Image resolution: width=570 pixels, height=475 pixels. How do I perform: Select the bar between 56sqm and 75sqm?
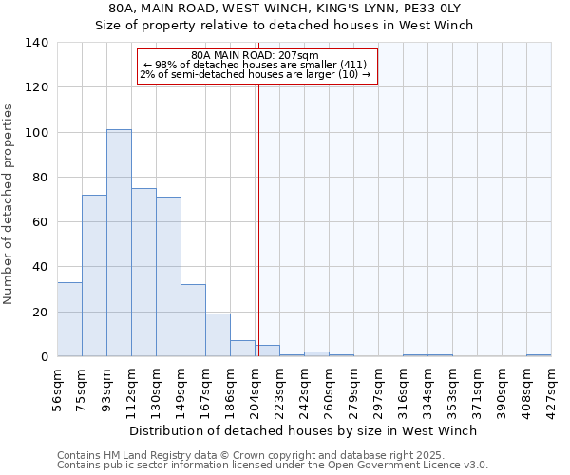(x=69, y=319)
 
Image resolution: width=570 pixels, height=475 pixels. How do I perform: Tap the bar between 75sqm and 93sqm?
(x=94, y=275)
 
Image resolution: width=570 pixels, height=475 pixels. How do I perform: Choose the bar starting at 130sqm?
(x=168, y=276)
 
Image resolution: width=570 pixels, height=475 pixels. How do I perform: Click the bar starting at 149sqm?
(x=193, y=320)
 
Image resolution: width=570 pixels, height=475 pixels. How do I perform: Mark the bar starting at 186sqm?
(x=242, y=349)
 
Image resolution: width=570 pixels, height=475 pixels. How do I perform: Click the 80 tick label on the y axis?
(x=41, y=178)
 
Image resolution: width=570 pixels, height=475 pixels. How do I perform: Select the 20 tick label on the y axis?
(x=41, y=312)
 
